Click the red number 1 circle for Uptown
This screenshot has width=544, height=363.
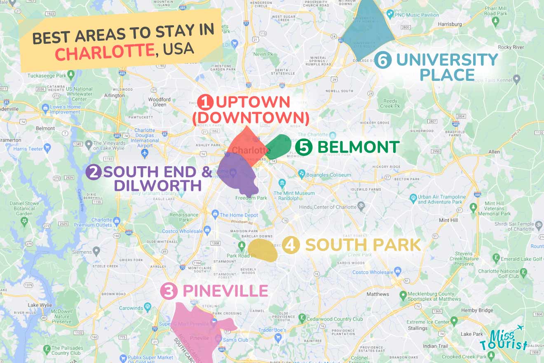coord(205,102)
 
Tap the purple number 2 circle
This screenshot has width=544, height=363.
coord(94,172)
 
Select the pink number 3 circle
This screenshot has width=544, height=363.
coord(169,291)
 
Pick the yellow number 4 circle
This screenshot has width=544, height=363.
coord(291,245)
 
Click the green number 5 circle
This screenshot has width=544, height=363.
coord(304,147)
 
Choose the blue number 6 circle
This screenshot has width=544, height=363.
coord(382,61)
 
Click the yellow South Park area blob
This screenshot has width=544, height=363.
coord(262,250)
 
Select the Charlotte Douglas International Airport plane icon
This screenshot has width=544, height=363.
coord(144,153)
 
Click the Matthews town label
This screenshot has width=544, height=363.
coord(378,294)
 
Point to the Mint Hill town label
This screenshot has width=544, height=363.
coord(449,220)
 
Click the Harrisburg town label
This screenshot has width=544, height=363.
coord(450,24)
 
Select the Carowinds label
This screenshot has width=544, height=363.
coord(131,308)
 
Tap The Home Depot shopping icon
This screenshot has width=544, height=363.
coord(215,214)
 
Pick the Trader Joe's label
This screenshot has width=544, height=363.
coord(272,330)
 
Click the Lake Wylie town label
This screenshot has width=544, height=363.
coord(40,305)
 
